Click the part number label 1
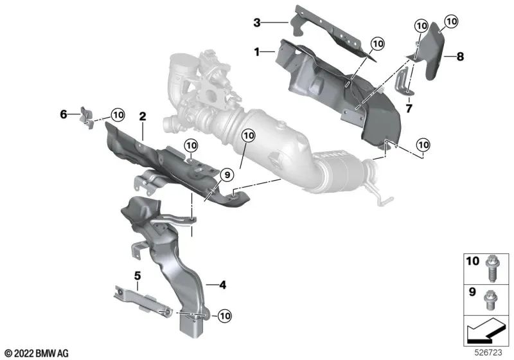[257, 52]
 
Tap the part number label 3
[256, 23]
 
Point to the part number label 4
[222, 283]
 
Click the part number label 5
[137, 276]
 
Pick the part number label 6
[64, 114]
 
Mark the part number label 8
[459, 57]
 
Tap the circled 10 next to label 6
[117, 114]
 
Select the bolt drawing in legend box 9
[492, 298]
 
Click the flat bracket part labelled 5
[138, 298]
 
